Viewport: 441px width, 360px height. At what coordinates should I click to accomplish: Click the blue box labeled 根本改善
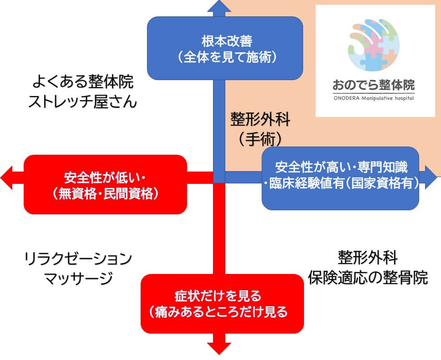click(x=225, y=48)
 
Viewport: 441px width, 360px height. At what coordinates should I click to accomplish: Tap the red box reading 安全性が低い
click(x=105, y=184)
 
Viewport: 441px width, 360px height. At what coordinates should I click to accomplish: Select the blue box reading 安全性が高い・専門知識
click(x=340, y=177)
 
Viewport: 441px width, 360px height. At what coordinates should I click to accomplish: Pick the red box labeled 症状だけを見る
click(x=222, y=304)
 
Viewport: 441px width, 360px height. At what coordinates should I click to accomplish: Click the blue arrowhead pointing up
click(x=219, y=7)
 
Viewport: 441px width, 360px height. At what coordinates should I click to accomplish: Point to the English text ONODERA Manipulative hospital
click(x=374, y=98)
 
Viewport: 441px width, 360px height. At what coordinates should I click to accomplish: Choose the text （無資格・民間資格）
click(x=105, y=193)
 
